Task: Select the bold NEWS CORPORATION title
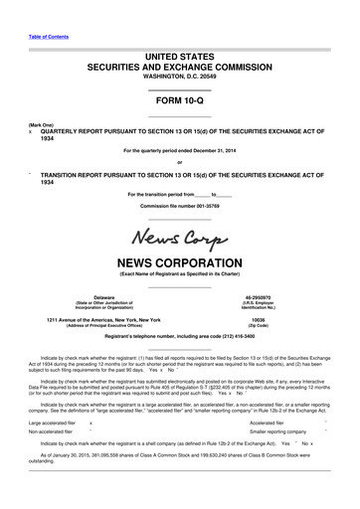coord(179,263)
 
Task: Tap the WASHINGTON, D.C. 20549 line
coord(179,76)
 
